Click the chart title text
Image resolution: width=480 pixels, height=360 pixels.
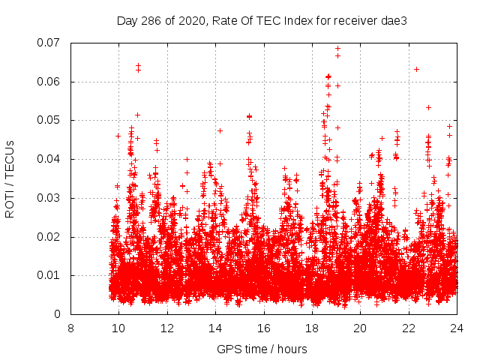coord(262,21)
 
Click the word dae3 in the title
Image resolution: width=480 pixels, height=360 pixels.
coord(395,21)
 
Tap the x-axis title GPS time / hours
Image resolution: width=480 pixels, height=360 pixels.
coord(262,349)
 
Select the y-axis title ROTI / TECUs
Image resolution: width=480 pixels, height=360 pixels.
coord(10,178)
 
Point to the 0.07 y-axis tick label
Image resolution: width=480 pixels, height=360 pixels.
coord(49,43)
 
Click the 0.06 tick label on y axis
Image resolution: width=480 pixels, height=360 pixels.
coord(49,82)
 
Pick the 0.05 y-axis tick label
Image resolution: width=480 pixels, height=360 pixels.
coord(49,120)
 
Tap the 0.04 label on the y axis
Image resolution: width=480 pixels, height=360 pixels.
coord(49,159)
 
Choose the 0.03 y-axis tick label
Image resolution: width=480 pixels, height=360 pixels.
coord(49,198)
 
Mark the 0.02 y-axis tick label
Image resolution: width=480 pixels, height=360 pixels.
coord(49,237)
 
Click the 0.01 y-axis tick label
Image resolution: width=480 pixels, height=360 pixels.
coord(49,275)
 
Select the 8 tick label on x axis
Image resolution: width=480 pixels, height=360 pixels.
coord(70,328)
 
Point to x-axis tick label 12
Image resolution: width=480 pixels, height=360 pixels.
coord(167,328)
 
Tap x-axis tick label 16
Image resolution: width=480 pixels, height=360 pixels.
coord(264,328)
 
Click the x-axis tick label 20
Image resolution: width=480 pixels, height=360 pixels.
coord(361,328)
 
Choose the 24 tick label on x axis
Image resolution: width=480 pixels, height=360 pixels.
coord(457,328)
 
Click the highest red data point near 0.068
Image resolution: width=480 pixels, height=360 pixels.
coord(338,49)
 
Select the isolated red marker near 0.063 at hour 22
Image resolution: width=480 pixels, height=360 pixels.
coord(416,69)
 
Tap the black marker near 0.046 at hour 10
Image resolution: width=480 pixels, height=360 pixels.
coord(118,136)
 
